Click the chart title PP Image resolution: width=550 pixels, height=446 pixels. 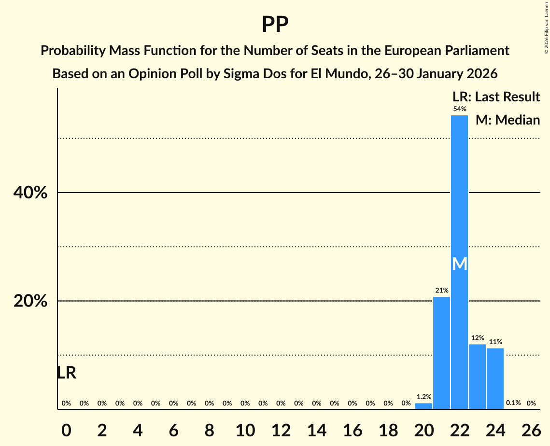pos(275,25)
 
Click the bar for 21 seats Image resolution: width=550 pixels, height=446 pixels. pos(441,353)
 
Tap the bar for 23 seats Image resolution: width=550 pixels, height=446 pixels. pos(477,376)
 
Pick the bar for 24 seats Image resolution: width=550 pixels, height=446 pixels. pos(495,378)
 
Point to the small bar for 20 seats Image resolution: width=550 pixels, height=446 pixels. pos(423,406)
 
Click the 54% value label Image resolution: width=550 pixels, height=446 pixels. pos(459,109)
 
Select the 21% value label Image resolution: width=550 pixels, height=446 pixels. pos(441,291)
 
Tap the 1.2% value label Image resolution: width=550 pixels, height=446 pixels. pos(423,397)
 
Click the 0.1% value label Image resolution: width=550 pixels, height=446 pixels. pos(513,403)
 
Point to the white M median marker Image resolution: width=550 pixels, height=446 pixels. pos(459,264)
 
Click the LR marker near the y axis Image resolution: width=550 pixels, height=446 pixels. pos(66,373)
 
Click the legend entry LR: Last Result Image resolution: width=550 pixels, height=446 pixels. pos(496,97)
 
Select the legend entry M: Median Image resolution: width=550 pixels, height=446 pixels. pos(508,120)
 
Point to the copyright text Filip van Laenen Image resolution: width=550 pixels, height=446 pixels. pos(546,24)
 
